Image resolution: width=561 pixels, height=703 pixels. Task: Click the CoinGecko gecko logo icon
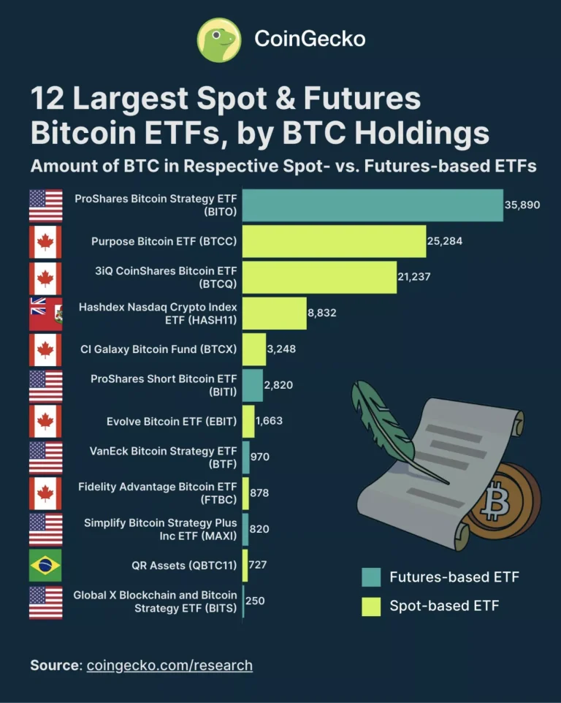pos(219,39)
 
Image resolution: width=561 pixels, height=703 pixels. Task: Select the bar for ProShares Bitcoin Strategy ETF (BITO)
pos(373,205)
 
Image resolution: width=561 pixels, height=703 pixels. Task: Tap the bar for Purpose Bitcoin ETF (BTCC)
pos(334,241)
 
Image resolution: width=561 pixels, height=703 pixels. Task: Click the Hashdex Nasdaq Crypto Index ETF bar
pos(274,313)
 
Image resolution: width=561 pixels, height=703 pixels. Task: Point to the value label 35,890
pos(522,205)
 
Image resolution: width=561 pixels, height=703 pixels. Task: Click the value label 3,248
pos(281,349)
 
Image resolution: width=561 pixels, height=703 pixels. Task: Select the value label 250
pos(255,601)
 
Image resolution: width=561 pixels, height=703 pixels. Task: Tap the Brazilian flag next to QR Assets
pos(45,565)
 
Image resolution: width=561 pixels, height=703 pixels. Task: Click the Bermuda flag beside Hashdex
pos(45,313)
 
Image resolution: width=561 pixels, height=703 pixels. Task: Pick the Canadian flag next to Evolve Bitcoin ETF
pos(45,421)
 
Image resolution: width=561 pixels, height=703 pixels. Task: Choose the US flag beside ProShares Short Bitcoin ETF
pos(45,385)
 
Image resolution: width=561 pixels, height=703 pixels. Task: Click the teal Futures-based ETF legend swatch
pos(371,577)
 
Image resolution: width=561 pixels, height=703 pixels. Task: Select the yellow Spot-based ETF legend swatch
pos(371,606)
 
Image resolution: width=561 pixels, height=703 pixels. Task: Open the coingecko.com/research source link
pos(169,665)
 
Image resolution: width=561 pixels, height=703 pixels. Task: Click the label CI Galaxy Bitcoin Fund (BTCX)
pos(159,349)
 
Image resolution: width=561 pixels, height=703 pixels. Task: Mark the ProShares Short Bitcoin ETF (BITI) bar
pos(252,385)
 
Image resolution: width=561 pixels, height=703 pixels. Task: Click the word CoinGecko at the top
pos(310,39)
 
